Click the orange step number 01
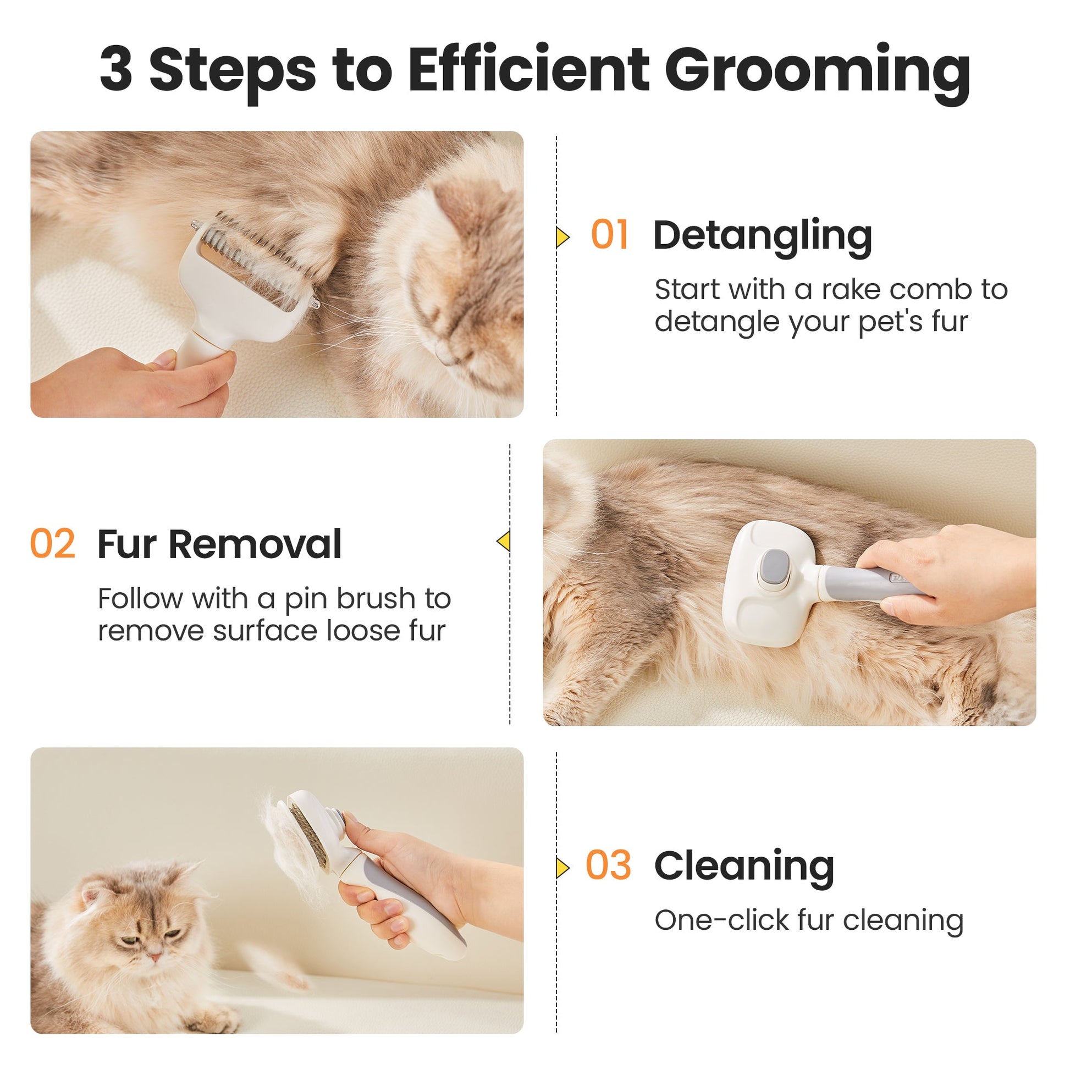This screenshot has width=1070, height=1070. click(609, 234)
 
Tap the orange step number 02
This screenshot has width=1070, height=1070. click(53, 543)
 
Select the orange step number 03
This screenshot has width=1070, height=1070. click(608, 865)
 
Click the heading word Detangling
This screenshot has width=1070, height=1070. click(763, 237)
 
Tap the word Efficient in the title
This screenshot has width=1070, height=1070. click(528, 68)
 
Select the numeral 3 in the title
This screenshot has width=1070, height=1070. click(116, 68)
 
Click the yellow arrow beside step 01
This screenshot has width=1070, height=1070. click(562, 237)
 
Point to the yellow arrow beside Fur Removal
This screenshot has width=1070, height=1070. click(504, 540)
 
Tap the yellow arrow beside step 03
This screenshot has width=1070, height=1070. click(562, 867)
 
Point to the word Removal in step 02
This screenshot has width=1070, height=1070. click(255, 544)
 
